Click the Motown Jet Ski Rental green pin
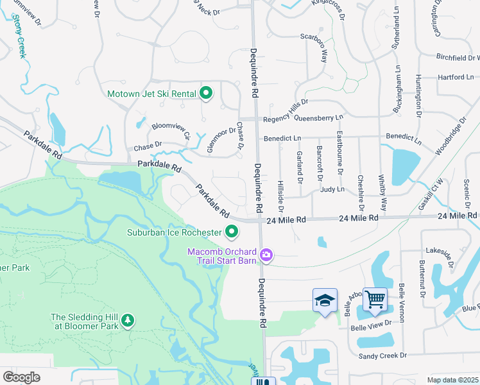[206, 94]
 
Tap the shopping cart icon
[375, 298]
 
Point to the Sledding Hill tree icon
[128, 319]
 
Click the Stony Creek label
[17, 39]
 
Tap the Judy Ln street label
[332, 189]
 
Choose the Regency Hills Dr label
[286, 110]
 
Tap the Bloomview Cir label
[171, 130]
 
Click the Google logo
[22, 377]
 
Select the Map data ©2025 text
[452, 380]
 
